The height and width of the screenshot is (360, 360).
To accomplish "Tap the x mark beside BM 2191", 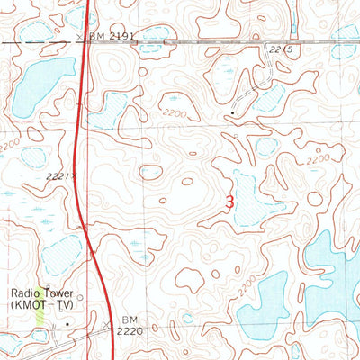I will (80, 37).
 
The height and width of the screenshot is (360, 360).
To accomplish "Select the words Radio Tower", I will (41, 292).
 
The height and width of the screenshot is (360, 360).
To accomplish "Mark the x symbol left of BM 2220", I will (106, 321).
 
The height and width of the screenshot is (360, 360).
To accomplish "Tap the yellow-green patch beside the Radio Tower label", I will (39, 314).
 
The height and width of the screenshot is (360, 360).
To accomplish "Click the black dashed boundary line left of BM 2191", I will (36, 41).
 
